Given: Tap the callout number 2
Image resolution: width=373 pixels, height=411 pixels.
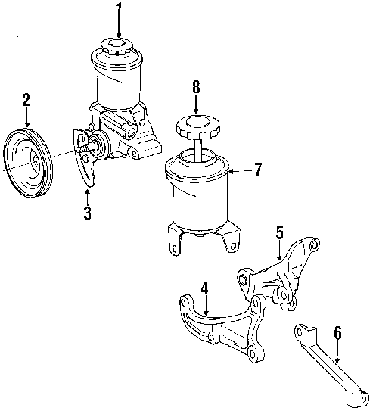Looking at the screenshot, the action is click(x=26, y=100).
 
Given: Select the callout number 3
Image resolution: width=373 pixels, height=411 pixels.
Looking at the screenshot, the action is click(x=87, y=213).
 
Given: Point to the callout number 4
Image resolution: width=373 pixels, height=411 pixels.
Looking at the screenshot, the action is click(x=204, y=288).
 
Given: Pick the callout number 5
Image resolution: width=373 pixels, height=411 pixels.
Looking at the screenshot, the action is click(x=279, y=232).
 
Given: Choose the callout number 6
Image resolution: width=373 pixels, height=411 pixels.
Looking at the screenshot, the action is click(x=338, y=333).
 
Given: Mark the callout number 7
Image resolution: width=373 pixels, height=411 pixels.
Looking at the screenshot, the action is click(x=258, y=169).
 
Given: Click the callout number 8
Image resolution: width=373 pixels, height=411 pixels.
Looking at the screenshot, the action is click(x=196, y=87).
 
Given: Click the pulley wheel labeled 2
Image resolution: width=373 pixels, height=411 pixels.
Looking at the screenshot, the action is click(x=27, y=163).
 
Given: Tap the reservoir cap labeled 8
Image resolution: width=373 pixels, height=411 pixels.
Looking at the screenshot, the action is click(x=198, y=126).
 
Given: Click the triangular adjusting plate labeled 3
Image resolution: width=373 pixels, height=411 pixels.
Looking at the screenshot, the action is click(x=83, y=157).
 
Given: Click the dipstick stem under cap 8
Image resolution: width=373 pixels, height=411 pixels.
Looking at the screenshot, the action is click(x=198, y=150).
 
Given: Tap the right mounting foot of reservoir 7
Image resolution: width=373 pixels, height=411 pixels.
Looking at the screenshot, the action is click(x=232, y=238).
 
